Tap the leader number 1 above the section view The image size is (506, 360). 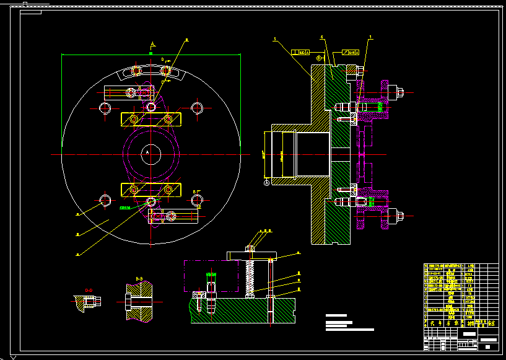coord(370,37)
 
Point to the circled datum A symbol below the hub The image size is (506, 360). coord(267,183)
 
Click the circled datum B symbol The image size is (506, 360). coord(320,58)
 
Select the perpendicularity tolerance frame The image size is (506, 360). coord(301,52)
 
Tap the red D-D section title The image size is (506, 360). coord(89,289)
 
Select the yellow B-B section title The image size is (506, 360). coord(139,279)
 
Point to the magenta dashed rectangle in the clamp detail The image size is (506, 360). coord(211,276)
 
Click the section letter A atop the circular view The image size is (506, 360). coord(152,44)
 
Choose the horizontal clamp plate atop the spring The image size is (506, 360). coord(251,256)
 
